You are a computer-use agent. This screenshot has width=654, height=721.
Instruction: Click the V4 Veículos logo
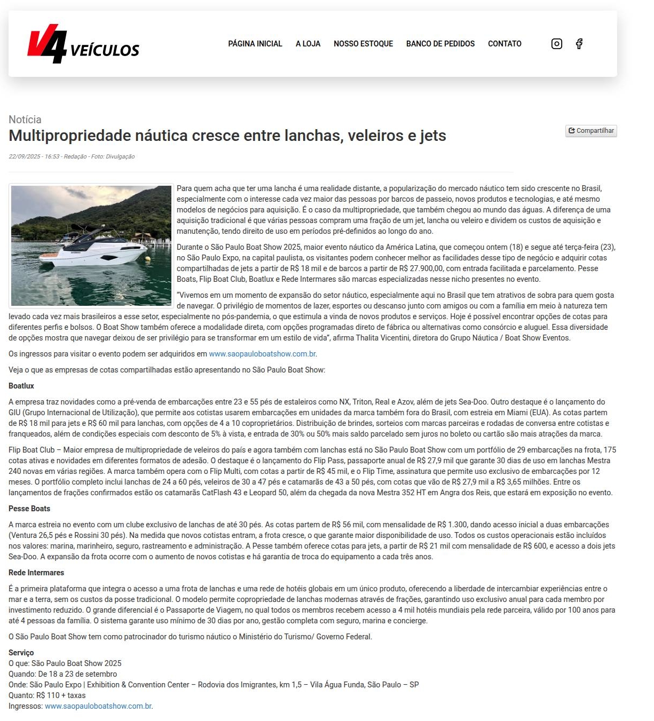click(83, 44)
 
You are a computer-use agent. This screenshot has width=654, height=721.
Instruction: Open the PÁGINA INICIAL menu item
click(255, 44)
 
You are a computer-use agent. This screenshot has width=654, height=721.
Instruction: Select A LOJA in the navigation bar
click(308, 44)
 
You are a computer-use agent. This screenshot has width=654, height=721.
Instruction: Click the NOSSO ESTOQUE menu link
click(363, 44)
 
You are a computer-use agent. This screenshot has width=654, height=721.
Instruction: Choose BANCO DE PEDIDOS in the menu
click(440, 44)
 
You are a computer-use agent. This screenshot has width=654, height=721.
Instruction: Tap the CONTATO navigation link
click(505, 44)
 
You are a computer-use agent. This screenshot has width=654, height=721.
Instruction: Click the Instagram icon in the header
click(556, 44)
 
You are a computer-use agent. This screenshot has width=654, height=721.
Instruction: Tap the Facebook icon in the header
click(579, 44)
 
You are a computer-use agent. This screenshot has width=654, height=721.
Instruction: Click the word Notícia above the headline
click(25, 120)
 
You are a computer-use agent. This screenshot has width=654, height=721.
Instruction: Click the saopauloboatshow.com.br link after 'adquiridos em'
click(262, 354)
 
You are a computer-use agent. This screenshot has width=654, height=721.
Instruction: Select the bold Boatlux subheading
click(21, 386)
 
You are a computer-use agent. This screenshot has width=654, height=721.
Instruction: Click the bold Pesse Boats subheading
click(29, 509)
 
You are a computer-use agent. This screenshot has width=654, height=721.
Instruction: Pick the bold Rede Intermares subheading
click(36, 573)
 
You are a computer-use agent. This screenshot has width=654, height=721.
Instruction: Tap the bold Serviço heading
click(21, 653)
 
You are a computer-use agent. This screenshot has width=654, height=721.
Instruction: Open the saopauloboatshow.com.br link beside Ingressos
click(98, 706)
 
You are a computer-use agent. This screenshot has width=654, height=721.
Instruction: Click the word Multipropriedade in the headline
click(69, 136)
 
